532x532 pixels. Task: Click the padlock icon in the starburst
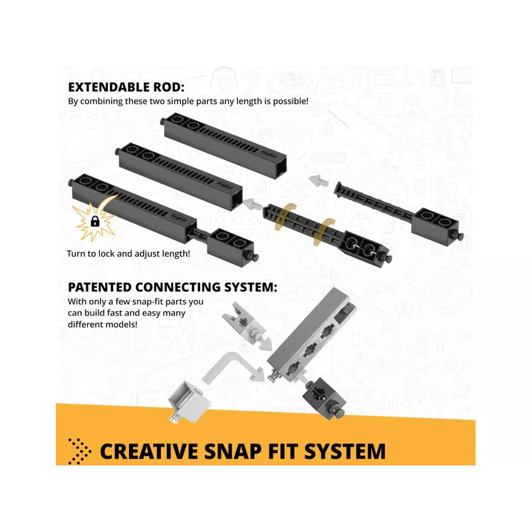(x=95, y=221)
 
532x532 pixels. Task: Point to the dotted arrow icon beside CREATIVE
(x=79, y=452)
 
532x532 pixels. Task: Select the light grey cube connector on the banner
(x=188, y=402)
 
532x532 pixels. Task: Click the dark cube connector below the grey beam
(x=325, y=398)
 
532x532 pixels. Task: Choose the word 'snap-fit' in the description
(x=148, y=302)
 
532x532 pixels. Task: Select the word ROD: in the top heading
(x=169, y=87)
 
